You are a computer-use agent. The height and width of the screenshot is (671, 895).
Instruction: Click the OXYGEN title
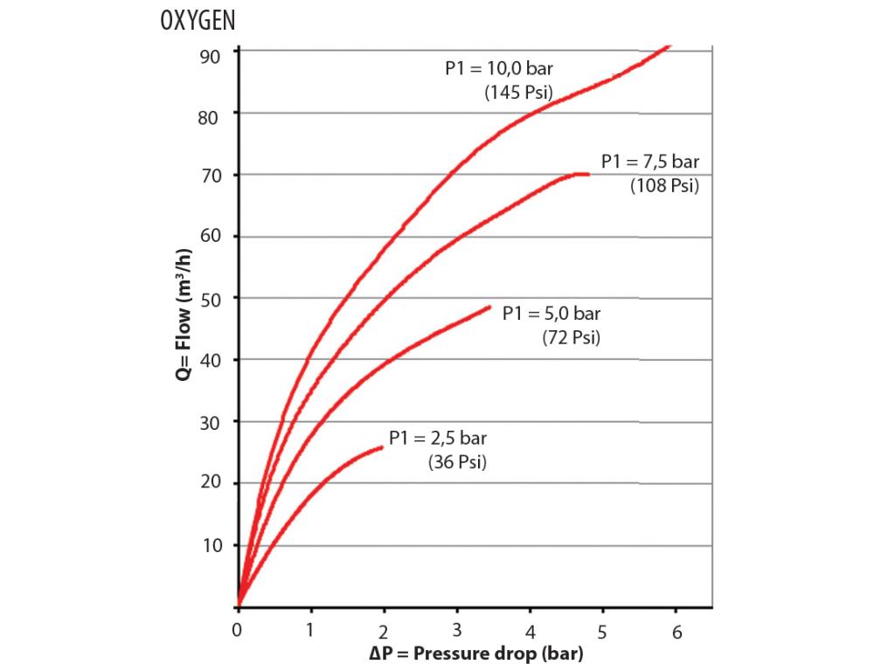(x=198, y=21)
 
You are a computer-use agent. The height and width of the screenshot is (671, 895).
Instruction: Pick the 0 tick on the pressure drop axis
(x=238, y=631)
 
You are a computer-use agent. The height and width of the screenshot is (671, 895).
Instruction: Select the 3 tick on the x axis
(x=457, y=631)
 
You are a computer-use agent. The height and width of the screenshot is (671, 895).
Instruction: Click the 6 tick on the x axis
(x=676, y=631)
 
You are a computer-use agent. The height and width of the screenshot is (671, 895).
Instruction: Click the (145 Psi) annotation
(x=519, y=93)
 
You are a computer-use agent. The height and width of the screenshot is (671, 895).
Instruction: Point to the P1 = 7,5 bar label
(x=650, y=162)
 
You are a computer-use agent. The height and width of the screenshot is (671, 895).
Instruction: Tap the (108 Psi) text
(x=664, y=185)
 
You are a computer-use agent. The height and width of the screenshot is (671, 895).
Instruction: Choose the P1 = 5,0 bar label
(x=552, y=314)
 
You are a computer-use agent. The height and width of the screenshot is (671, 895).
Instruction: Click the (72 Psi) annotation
(x=572, y=338)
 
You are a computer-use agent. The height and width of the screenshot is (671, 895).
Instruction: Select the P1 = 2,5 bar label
(x=438, y=439)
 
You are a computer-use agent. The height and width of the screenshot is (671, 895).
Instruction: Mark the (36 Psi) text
(x=457, y=463)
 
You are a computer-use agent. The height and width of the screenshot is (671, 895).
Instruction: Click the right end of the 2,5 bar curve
(x=382, y=447)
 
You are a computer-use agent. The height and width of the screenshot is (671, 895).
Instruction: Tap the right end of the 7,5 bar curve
(x=587, y=175)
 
